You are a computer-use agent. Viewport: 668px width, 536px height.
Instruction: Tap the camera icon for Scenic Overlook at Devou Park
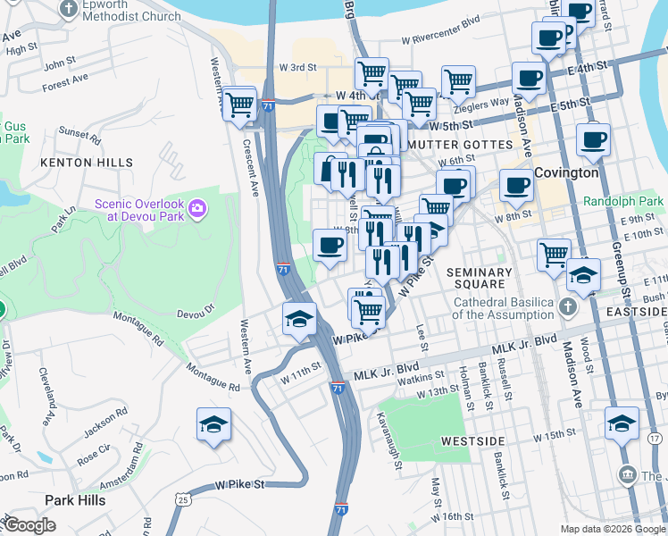click(196, 210)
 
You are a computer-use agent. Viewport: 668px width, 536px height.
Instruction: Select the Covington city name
click(566, 172)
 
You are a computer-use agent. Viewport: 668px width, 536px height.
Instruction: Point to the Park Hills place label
click(75, 500)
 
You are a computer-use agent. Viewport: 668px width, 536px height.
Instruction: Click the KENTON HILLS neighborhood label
click(74, 163)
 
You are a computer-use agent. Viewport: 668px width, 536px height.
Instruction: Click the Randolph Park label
click(623, 202)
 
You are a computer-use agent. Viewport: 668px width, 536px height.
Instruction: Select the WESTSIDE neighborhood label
click(473, 442)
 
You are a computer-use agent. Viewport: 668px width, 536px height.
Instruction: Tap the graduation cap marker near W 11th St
click(299, 319)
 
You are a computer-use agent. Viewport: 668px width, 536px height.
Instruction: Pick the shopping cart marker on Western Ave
click(239, 104)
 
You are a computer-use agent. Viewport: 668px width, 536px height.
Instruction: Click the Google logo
click(31, 525)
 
